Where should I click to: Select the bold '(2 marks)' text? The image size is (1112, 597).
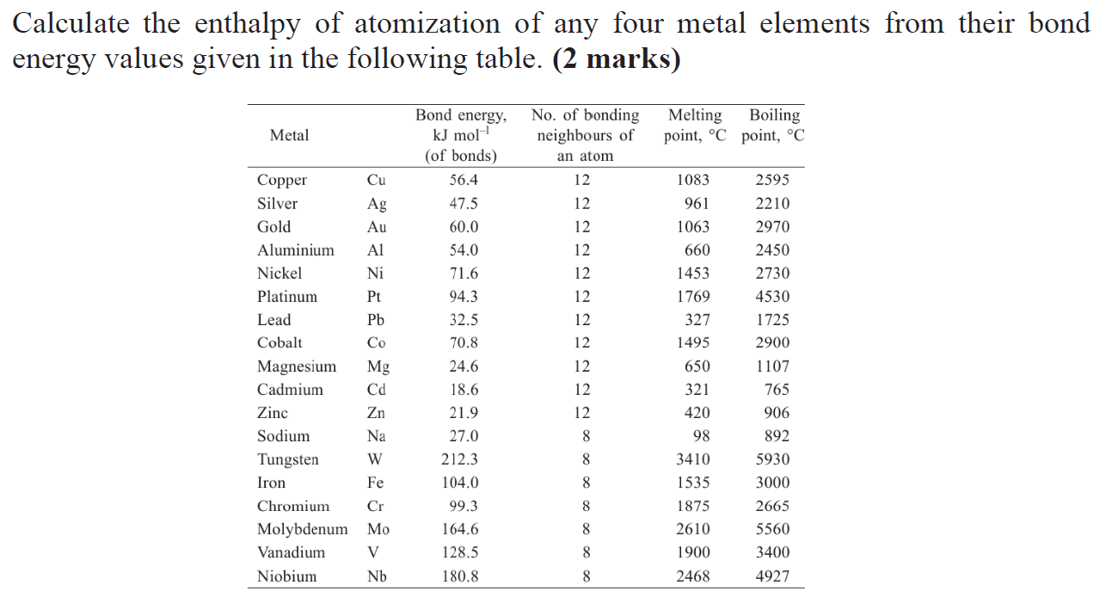coord(617,59)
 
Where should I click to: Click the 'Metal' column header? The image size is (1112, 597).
coord(289,135)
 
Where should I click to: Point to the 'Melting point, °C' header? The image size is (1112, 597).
coord(695,126)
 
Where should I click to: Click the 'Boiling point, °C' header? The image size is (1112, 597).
coord(773,126)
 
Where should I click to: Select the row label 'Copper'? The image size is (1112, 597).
coord(281,180)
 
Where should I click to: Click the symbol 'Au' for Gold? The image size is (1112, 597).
coord(377,227)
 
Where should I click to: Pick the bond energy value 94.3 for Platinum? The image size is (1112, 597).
coord(464,297)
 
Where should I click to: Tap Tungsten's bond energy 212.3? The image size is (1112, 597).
coord(460,459)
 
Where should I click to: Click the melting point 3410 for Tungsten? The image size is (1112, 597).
coord(693,459)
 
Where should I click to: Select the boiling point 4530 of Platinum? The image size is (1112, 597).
coord(772,297)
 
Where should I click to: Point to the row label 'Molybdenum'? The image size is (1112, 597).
coord(302,529)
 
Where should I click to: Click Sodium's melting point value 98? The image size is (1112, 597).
coord(701,436)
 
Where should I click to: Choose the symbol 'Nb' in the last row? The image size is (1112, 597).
coord(377,576)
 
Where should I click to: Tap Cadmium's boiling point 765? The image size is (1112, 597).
coord(777,390)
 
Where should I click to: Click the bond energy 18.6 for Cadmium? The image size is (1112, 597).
coord(464,390)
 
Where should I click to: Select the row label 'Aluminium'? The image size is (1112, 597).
coord(295,250)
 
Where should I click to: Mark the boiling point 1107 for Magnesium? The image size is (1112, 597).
coord(772,366)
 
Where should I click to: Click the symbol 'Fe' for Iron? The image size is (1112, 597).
coord(375,483)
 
